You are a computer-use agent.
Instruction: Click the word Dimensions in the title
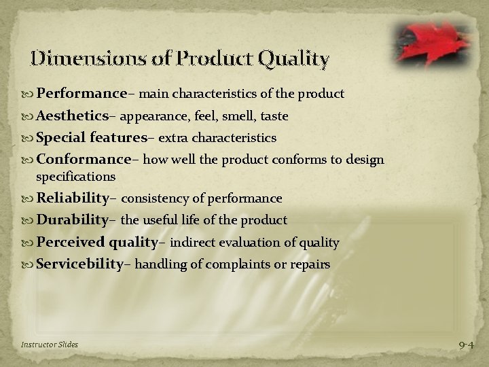[72, 59]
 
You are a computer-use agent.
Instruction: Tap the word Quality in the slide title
[294, 60]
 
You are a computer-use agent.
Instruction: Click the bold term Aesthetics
[73, 116]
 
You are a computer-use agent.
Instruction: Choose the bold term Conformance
[84, 160]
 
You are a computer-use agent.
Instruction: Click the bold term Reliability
[73, 198]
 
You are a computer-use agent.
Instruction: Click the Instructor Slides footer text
[49, 345]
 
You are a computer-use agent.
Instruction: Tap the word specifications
[75, 176]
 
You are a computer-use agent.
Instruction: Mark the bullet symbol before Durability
[29, 220]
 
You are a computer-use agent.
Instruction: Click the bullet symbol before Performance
[29, 93]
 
